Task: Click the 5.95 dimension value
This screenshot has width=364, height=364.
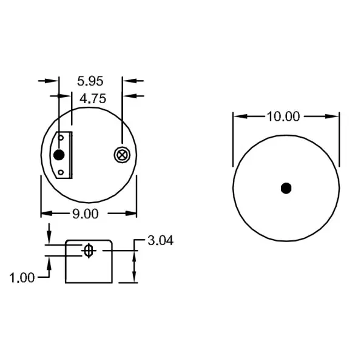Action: (90, 80)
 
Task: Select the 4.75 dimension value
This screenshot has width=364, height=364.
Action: (91, 99)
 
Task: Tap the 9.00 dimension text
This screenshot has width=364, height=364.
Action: (86, 213)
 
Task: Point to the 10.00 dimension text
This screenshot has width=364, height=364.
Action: (284, 116)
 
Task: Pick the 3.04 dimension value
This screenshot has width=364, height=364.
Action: (161, 241)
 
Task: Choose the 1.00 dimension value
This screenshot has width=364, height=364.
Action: (22, 278)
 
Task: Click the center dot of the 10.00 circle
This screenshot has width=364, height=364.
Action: (286, 188)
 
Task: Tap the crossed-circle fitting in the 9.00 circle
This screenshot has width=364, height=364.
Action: (123, 155)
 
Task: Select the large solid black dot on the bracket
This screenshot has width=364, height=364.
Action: (59, 155)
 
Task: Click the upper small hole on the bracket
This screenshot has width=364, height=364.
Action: (61, 138)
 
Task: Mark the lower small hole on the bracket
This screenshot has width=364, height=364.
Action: (61, 172)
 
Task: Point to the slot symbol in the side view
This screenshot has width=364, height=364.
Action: (89, 251)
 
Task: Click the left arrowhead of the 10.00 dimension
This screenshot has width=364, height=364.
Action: (238, 116)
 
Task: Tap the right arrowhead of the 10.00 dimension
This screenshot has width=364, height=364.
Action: (334, 116)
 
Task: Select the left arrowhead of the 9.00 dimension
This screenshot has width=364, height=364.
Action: (45, 213)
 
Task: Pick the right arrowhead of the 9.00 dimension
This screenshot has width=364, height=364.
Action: (132, 213)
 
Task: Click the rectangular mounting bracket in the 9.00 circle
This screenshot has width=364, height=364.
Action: (65, 155)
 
